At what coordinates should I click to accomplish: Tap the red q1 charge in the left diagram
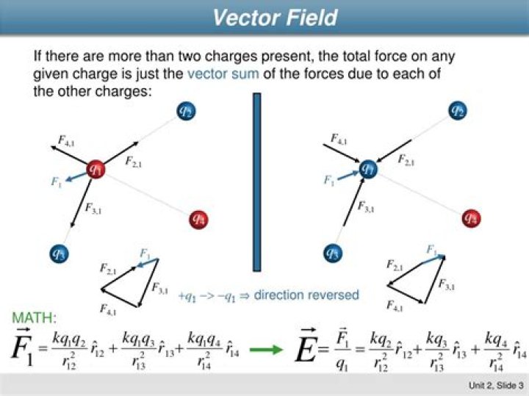click(96, 170)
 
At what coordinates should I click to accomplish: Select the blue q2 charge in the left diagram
click(186, 111)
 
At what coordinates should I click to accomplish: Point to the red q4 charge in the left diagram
click(198, 218)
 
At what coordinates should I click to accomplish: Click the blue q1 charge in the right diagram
click(369, 170)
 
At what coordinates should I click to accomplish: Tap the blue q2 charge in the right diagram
click(458, 111)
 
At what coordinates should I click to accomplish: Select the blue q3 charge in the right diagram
click(334, 253)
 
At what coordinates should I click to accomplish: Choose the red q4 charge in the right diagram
click(471, 218)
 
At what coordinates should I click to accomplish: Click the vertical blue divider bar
click(257, 181)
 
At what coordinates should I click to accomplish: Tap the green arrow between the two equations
click(267, 349)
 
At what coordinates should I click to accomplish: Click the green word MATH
click(33, 319)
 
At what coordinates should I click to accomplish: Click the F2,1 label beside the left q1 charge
click(134, 162)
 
